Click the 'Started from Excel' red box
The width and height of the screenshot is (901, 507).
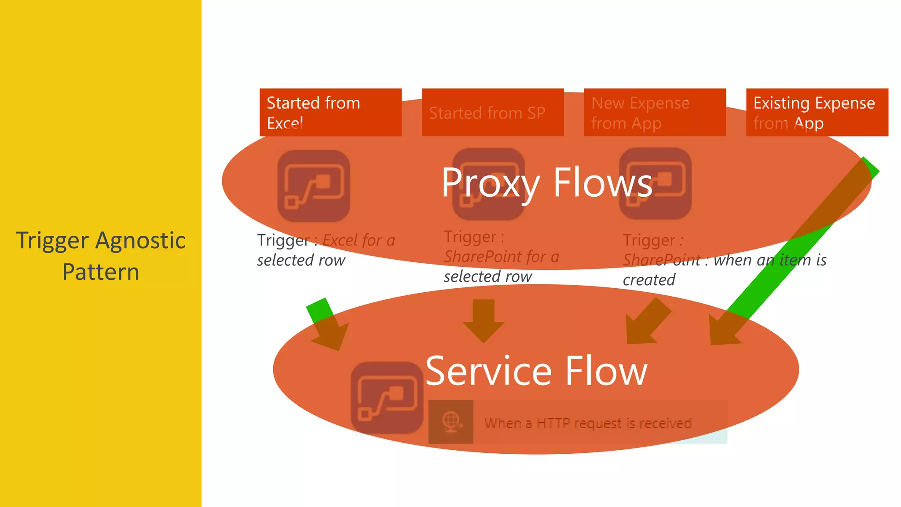pos(330,112)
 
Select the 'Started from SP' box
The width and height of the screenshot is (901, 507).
pos(493,112)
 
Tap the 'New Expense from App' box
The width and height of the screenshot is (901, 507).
pos(655,112)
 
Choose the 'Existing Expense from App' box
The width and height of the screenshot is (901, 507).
pos(817,112)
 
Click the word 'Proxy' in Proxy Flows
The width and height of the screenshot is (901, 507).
pos(491,183)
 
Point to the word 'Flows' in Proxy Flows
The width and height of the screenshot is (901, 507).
pos(603,183)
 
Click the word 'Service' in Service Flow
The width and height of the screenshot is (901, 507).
pos(488,371)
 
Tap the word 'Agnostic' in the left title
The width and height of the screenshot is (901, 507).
pos(140,241)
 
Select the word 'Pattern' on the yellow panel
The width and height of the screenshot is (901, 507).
pos(101,272)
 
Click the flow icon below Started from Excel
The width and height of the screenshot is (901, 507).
pos(314,186)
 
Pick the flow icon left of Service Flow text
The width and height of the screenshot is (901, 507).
pos(387,397)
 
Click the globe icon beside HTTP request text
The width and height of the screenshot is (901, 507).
pos(451,422)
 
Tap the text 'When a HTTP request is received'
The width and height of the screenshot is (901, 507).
pos(588,423)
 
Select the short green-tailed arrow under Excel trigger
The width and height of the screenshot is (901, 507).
pos(328,326)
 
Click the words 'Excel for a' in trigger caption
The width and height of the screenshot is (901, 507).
pos(359,241)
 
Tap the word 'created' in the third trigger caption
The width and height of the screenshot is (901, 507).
pos(649,280)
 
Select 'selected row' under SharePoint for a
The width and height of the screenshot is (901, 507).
pos(488,276)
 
